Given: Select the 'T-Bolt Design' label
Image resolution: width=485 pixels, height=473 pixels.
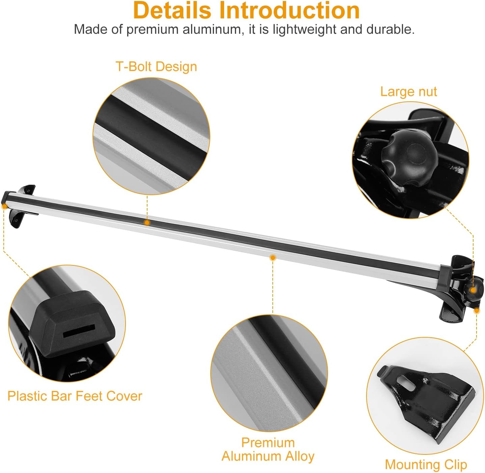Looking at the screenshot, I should tap(156, 67).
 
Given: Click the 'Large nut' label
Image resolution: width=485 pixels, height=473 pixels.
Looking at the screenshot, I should tap(408, 91).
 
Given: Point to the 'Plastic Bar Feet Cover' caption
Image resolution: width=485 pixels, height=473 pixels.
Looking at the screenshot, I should tap(75, 396).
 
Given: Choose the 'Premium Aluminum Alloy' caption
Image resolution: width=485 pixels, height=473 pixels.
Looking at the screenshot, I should tap(268, 449).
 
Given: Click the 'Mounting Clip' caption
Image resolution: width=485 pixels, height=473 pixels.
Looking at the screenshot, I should tap(426, 465).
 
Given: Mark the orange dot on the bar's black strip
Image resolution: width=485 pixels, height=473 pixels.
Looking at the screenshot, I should tap(147, 223).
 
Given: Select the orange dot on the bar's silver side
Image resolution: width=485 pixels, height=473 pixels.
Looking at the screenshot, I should tap(273, 258).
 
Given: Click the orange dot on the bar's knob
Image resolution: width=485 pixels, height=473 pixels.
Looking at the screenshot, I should tap(473, 290).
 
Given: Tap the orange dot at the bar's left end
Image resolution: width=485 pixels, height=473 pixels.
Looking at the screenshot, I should tap(4, 206).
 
